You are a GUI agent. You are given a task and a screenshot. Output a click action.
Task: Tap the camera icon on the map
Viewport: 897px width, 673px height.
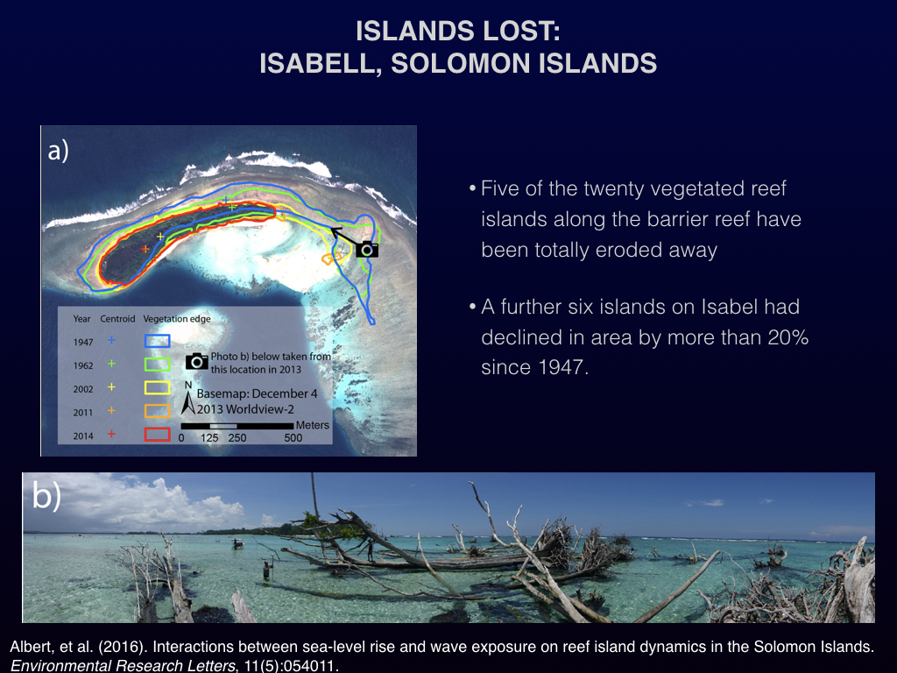coord(367,250)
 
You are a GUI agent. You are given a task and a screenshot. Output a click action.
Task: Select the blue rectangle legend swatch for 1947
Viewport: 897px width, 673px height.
coord(158,341)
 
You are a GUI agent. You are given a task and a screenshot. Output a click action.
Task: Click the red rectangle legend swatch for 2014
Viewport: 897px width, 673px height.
coord(158,435)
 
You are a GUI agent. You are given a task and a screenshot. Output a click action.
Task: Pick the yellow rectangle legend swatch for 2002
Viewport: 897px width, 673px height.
coord(158,388)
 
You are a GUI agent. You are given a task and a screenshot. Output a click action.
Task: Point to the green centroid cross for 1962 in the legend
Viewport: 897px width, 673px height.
coord(111,364)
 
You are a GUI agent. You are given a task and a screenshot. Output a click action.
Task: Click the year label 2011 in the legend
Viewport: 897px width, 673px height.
coord(83,412)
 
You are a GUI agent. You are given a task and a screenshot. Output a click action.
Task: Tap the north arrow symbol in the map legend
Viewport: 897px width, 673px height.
coord(188,399)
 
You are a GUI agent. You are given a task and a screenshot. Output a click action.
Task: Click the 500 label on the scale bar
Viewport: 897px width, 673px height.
coord(293,438)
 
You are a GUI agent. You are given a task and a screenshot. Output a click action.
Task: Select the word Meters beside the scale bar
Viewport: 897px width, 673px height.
coord(313,425)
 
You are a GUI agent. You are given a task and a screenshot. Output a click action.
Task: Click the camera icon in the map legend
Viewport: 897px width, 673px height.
coord(197,362)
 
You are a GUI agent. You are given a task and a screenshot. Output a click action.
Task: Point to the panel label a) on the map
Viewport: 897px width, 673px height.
coord(59,151)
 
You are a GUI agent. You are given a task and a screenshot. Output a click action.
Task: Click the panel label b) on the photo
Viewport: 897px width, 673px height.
coord(46,495)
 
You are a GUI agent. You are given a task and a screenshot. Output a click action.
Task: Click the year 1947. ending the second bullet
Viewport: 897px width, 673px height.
coord(563,367)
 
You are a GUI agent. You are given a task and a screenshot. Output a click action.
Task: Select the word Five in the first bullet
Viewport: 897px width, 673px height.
coord(500,188)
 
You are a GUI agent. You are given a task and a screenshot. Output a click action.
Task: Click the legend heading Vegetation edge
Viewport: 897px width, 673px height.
coord(177,319)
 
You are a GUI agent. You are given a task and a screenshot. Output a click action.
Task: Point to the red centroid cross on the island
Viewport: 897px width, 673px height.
coord(145,249)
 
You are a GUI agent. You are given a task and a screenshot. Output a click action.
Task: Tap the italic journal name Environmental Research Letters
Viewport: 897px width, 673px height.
coord(123,666)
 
